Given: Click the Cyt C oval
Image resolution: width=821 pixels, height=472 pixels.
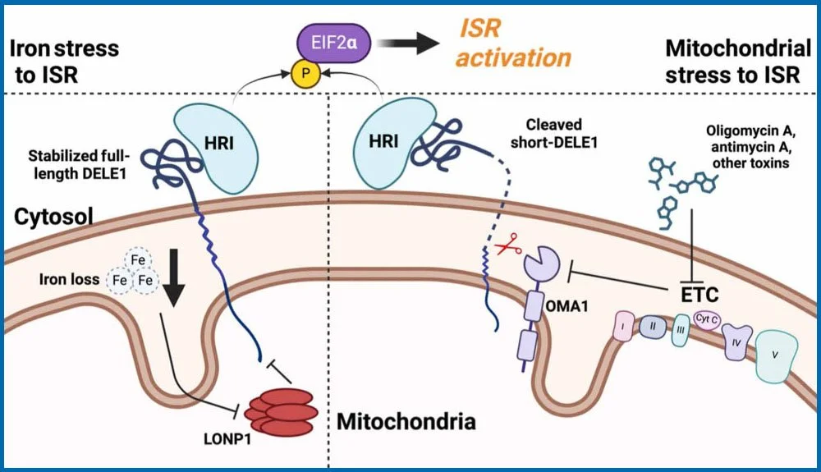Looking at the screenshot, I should [708, 321].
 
